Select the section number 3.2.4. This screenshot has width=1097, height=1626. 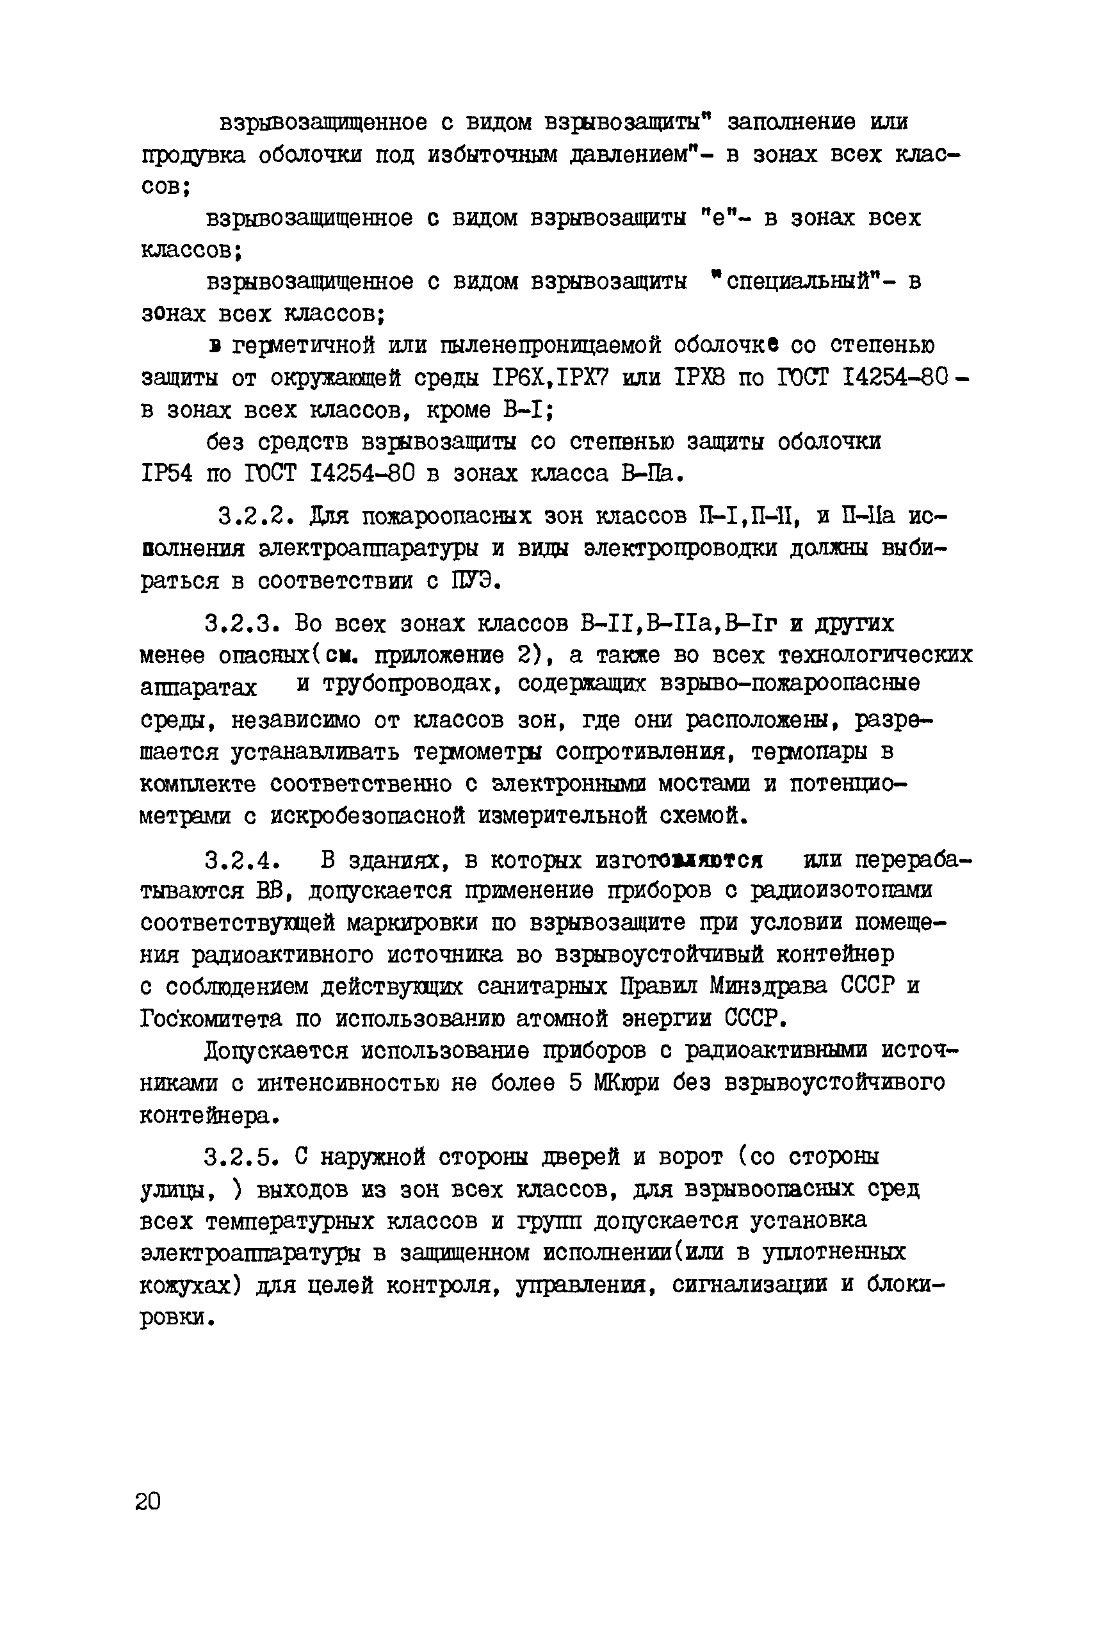(242, 859)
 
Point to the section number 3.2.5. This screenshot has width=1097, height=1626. (242, 1157)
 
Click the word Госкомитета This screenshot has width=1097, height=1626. (211, 1019)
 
